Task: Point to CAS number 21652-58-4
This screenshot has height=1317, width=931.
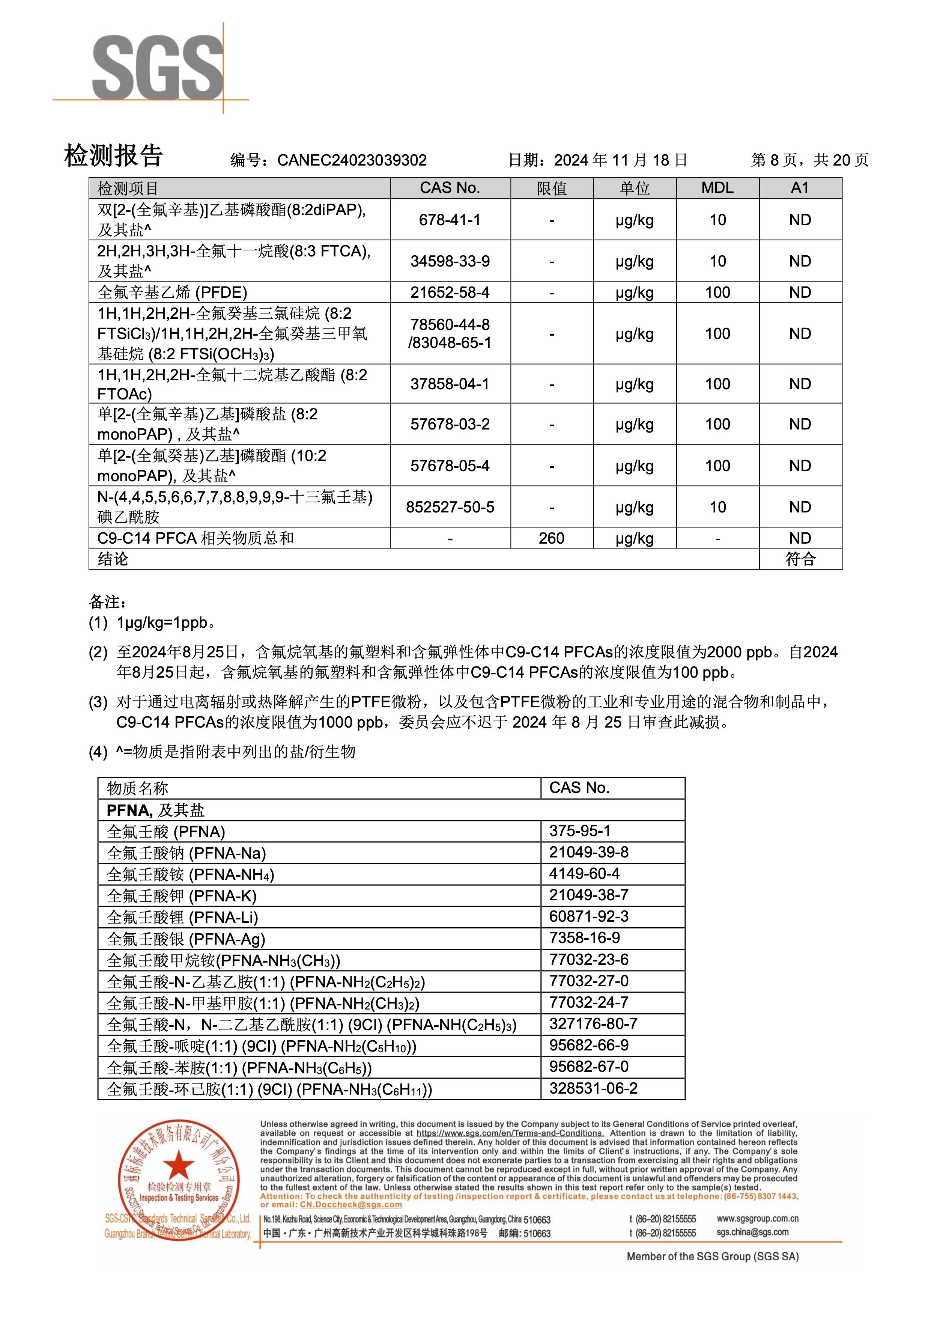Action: pyautogui.click(x=450, y=292)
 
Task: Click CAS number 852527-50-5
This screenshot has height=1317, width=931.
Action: pyautogui.click(x=450, y=507)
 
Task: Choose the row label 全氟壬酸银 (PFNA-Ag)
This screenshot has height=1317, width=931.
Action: pyautogui.click(x=186, y=939)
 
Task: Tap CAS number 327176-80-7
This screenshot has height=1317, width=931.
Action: pyautogui.click(x=593, y=1024)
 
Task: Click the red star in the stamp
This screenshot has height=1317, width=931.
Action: pyautogui.click(x=179, y=1165)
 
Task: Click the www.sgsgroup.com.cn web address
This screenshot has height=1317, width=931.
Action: pyautogui.click(x=757, y=1218)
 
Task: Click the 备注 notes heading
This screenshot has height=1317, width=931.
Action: pyautogui.click(x=107, y=602)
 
